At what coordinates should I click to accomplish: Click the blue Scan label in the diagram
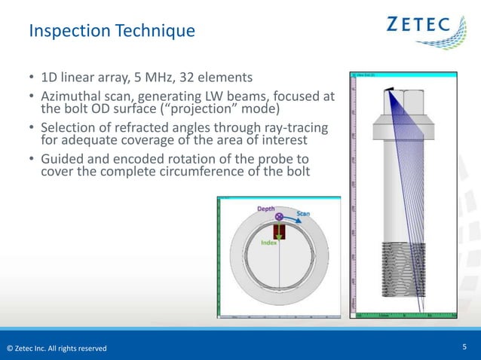coord(302,213)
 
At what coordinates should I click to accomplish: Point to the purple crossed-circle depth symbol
coord(279,217)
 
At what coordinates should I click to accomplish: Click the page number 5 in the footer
coord(464,346)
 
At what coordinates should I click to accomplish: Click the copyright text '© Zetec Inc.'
coord(30,348)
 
